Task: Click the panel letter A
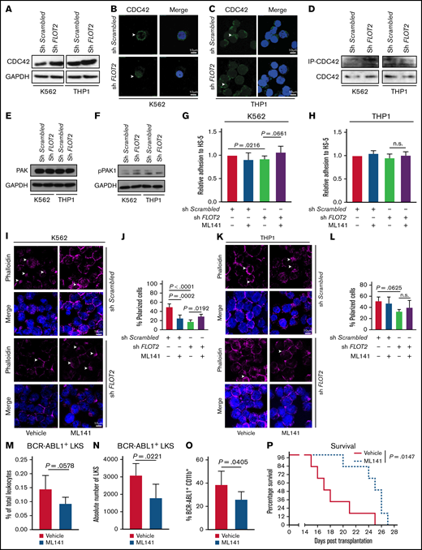coord(5,6)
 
